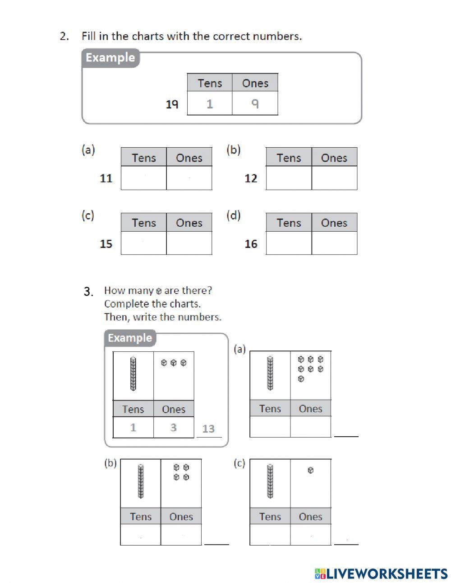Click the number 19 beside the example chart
(x=172, y=104)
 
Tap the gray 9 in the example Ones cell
(x=255, y=104)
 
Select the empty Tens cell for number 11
(x=143, y=178)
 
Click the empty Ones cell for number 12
(x=334, y=178)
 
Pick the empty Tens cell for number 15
(x=143, y=243)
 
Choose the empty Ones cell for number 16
(x=334, y=243)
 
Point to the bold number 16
(x=251, y=244)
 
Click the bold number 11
(x=106, y=178)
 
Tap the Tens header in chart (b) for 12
(x=289, y=158)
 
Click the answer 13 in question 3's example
(x=208, y=429)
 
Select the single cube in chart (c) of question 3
(x=310, y=471)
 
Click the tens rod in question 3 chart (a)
(x=270, y=373)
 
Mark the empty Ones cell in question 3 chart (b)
(x=181, y=535)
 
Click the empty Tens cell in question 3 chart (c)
(x=270, y=535)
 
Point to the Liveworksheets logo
(x=381, y=574)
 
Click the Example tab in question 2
(x=110, y=58)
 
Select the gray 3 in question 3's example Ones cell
(x=174, y=427)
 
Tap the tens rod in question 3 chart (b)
(x=141, y=481)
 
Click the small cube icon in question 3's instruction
(x=158, y=291)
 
